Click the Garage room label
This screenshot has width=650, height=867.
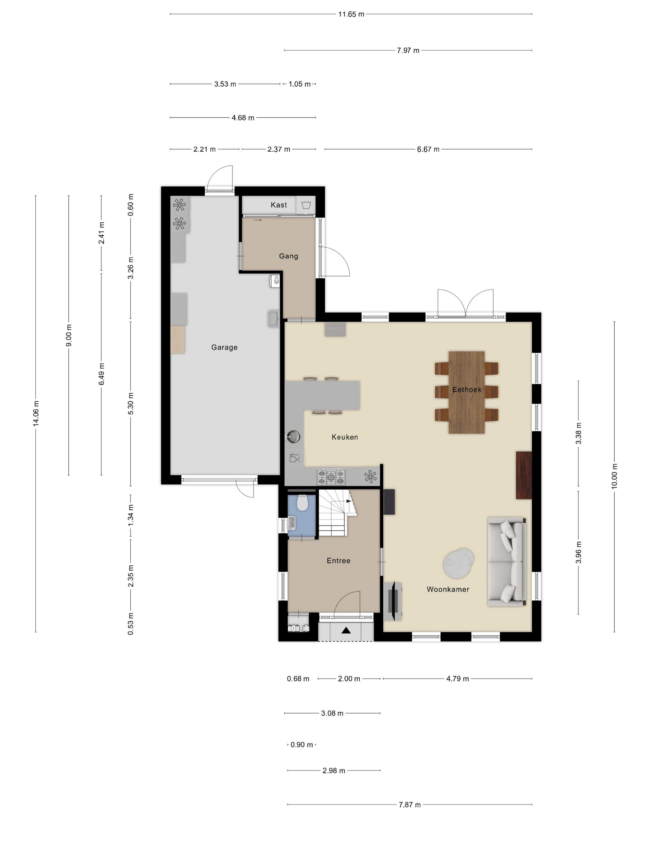point(224,347)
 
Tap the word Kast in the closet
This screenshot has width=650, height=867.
point(279,205)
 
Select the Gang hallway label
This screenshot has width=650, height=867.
point(288,256)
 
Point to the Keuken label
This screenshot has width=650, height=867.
point(345,437)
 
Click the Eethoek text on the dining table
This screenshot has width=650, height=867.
point(467,390)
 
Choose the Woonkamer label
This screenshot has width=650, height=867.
point(448,589)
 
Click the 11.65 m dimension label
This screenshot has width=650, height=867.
point(351,15)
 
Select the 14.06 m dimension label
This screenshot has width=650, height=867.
point(36,413)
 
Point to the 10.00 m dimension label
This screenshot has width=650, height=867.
point(614,476)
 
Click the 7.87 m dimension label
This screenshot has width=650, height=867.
point(410,805)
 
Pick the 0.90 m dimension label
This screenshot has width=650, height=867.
point(302,745)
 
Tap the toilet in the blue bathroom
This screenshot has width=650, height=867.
point(302,503)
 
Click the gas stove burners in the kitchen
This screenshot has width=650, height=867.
point(331,477)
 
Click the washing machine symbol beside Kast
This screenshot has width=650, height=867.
point(306,205)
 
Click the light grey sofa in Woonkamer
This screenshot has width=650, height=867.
point(506,562)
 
